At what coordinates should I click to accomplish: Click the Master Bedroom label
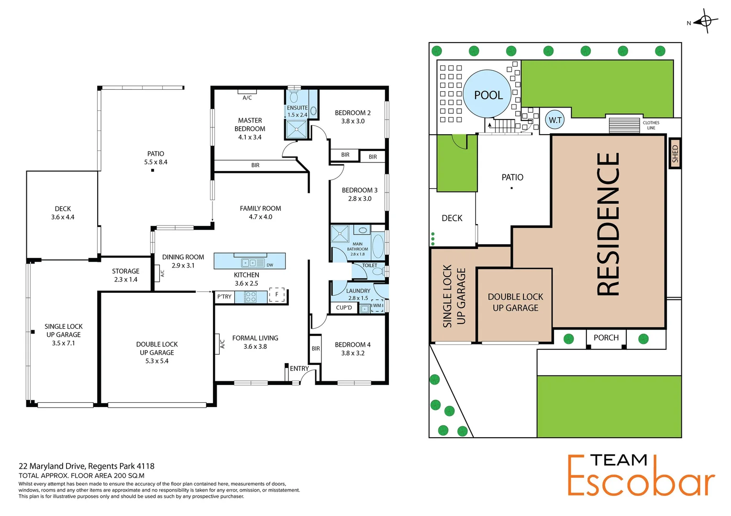(x=250, y=129)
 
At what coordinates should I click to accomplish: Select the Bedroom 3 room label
(x=359, y=194)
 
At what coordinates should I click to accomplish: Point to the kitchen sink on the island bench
(x=248, y=262)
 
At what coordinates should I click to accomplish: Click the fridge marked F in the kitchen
(x=277, y=295)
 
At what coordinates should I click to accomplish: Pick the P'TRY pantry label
(x=224, y=297)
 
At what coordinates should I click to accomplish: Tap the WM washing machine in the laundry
(x=377, y=306)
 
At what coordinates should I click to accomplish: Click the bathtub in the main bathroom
(x=378, y=246)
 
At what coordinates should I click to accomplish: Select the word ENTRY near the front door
(x=299, y=368)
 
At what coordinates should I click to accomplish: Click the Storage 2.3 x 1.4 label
(x=125, y=275)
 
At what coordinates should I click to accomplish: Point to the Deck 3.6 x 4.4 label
(x=63, y=213)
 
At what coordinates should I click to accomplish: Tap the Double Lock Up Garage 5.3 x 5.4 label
(x=157, y=353)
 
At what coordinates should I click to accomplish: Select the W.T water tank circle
(x=555, y=120)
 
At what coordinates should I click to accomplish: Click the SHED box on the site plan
(x=675, y=153)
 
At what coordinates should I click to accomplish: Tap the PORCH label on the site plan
(x=606, y=338)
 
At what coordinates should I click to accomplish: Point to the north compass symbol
(x=706, y=21)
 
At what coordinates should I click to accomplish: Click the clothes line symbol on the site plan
(x=624, y=125)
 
